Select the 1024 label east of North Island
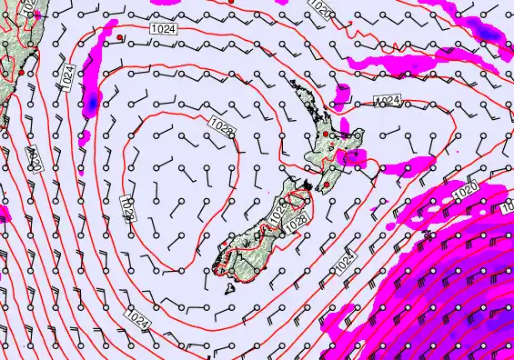388,99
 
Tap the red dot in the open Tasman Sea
119,37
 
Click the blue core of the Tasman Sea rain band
90,105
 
